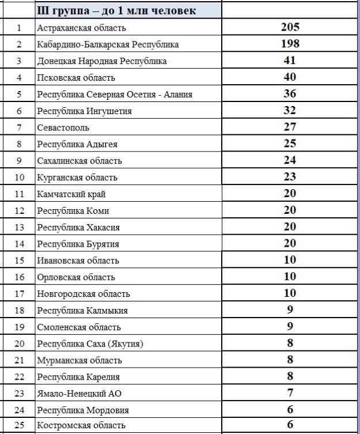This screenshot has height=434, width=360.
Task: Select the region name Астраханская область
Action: pos(81,28)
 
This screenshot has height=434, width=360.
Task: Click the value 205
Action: pos(290,27)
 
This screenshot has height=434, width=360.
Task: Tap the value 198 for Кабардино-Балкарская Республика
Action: pos(290,44)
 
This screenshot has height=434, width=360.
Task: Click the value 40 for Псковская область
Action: pos(290,77)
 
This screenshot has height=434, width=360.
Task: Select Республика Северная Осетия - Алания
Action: pos(114,95)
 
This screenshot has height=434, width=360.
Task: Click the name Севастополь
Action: pos(63,127)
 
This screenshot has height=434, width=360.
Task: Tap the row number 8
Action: pos(19,144)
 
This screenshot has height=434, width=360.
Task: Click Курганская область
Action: pos(77,178)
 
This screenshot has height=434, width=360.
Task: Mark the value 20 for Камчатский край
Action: pos(290,194)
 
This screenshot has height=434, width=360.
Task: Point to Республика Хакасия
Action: pos(78,228)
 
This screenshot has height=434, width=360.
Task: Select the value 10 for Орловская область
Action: pos(290,277)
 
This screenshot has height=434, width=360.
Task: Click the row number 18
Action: pos(19,311)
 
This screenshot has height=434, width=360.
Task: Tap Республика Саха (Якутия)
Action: pos(90,344)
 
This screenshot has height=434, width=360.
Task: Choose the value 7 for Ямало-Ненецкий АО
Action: pos(290,393)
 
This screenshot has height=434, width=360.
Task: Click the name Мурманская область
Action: pos(79,361)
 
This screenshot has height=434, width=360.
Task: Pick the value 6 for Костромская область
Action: pos(290,425)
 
